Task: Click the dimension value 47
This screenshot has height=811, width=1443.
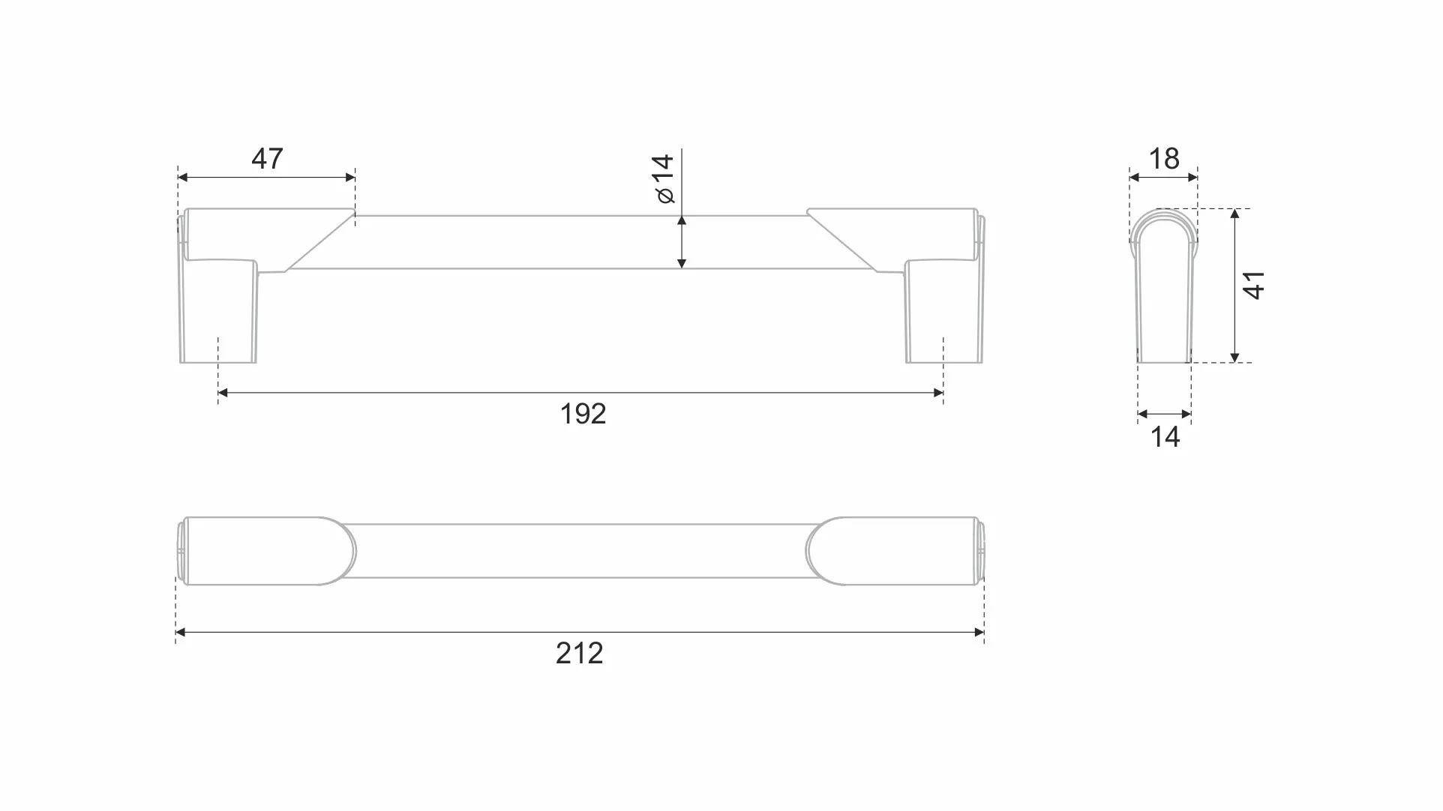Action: pos(267,158)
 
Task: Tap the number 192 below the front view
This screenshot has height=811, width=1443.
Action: pos(583,414)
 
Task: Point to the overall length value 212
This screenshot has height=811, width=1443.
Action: pos(579,654)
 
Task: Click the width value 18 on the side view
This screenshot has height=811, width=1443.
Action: pos(1164,158)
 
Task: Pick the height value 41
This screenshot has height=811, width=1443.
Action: pos(1254,286)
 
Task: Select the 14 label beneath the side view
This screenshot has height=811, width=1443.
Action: pos(1165,437)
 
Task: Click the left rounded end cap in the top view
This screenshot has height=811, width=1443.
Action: pos(262,551)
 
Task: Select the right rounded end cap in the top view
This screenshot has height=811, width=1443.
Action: pos(896,551)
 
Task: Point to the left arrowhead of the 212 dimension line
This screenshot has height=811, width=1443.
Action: pos(180,633)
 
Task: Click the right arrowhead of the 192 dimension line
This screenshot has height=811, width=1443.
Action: pos(938,393)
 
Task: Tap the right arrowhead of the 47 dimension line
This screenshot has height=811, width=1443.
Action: pos(350,178)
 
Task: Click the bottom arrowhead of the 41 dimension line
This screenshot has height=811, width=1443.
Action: pos(1234,358)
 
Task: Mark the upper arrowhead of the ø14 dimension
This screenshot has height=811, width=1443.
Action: pos(682,220)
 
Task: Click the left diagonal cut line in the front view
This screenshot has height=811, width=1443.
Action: pos(319,242)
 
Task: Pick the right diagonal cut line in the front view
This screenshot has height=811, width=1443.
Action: pos(842,241)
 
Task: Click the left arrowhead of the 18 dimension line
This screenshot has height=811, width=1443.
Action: pos(1134,178)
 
